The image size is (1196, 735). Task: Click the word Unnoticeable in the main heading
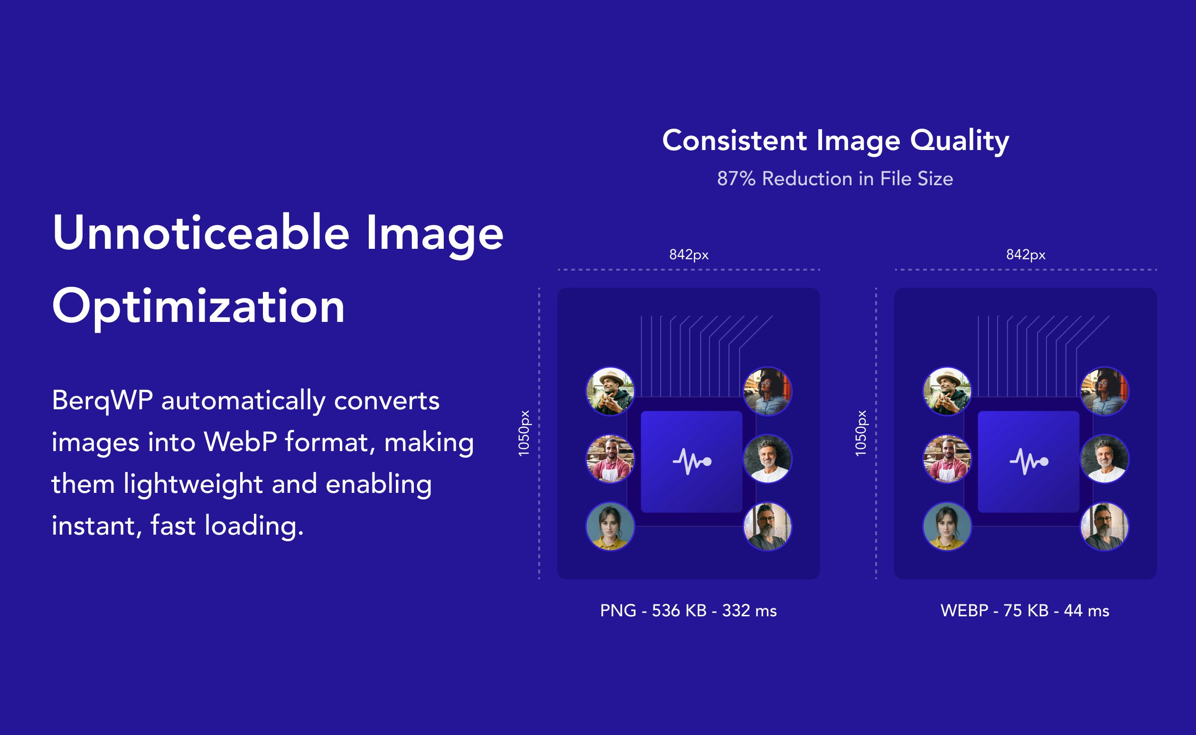201,232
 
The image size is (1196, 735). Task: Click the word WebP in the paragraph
241,442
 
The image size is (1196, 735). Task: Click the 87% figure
737,179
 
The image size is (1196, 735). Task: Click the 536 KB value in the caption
679,611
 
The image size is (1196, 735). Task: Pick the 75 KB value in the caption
1026,611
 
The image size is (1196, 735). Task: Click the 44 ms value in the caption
1087,611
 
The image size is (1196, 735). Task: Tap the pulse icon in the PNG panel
692,462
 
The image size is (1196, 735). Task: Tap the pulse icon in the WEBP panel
1029,462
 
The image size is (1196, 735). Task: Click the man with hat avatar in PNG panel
610,391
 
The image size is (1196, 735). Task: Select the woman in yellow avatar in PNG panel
610,527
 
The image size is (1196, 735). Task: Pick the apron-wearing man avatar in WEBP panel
947,459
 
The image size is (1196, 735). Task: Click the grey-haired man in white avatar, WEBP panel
1105,459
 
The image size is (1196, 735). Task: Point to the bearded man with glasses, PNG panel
767,527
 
